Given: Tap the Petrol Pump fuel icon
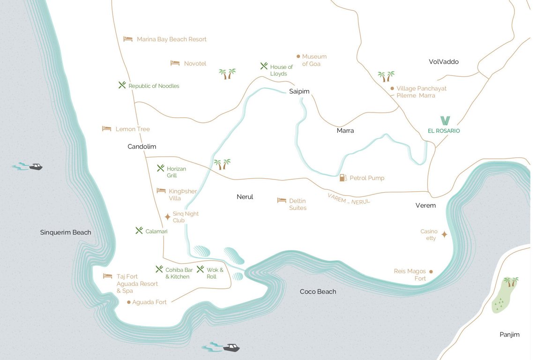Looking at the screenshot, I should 343,178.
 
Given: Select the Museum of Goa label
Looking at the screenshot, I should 314,60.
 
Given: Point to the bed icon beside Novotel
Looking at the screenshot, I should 175,63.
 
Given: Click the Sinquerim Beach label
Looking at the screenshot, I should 66,232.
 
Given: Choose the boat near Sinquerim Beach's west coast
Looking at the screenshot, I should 35,166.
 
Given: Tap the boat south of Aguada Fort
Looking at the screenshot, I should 231,348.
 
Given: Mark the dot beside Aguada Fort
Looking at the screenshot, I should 129,302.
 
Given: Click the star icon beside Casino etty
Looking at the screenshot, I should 444,234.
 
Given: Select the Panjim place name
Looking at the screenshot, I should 509,335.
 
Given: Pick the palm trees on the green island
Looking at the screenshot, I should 510,282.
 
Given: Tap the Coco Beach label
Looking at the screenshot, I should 318,292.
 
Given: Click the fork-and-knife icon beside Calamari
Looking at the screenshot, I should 139,231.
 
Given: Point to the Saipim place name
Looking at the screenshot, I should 299,91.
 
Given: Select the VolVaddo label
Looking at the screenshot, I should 443,62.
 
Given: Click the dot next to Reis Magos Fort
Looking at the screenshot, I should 431,271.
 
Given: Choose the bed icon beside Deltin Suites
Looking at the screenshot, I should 282,200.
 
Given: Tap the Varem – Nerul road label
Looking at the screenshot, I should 349,198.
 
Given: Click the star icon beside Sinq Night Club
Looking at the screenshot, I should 167,217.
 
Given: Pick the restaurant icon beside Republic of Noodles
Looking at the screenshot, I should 122,85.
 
